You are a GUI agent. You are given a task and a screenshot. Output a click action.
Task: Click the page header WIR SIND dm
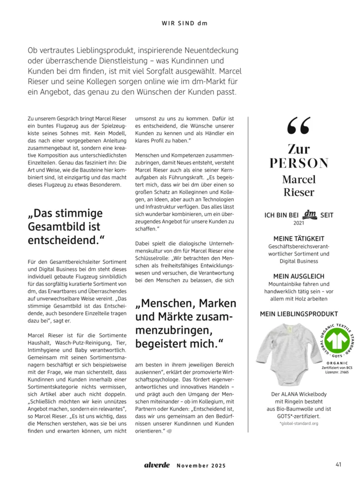click(184, 23)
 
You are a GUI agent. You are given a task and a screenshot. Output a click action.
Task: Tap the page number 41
click(339, 465)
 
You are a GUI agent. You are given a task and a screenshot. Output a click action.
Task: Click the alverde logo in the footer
click(157, 465)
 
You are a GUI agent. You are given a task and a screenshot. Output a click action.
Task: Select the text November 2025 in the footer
click(201, 466)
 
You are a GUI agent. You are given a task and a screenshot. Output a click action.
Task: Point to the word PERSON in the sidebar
click(298, 163)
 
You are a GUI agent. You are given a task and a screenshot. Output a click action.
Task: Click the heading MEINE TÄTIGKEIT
click(298, 238)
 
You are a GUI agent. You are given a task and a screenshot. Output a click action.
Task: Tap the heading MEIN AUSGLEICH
click(298, 276)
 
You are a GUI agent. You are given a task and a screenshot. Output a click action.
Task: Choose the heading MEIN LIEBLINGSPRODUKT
click(298, 314)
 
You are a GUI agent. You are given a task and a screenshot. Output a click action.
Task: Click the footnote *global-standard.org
click(298, 423)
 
